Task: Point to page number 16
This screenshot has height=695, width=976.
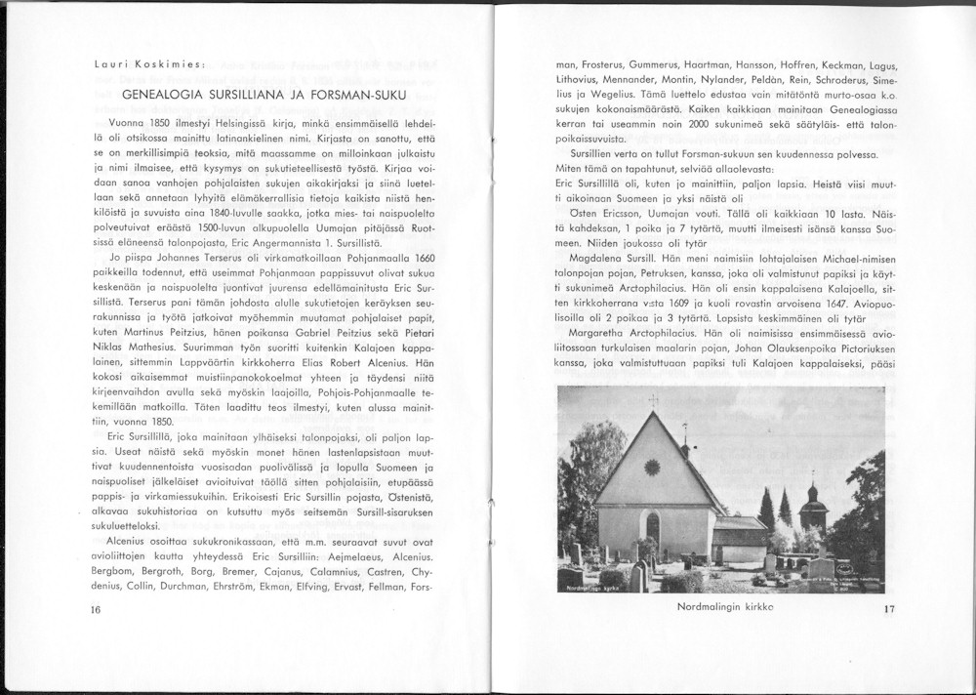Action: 95,610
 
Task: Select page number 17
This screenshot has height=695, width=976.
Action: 889,610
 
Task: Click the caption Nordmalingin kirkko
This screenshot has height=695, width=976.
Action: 724,606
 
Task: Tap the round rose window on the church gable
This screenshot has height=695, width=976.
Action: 652,468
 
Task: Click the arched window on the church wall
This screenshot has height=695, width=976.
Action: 652,527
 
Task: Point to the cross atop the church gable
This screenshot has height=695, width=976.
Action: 652,401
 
